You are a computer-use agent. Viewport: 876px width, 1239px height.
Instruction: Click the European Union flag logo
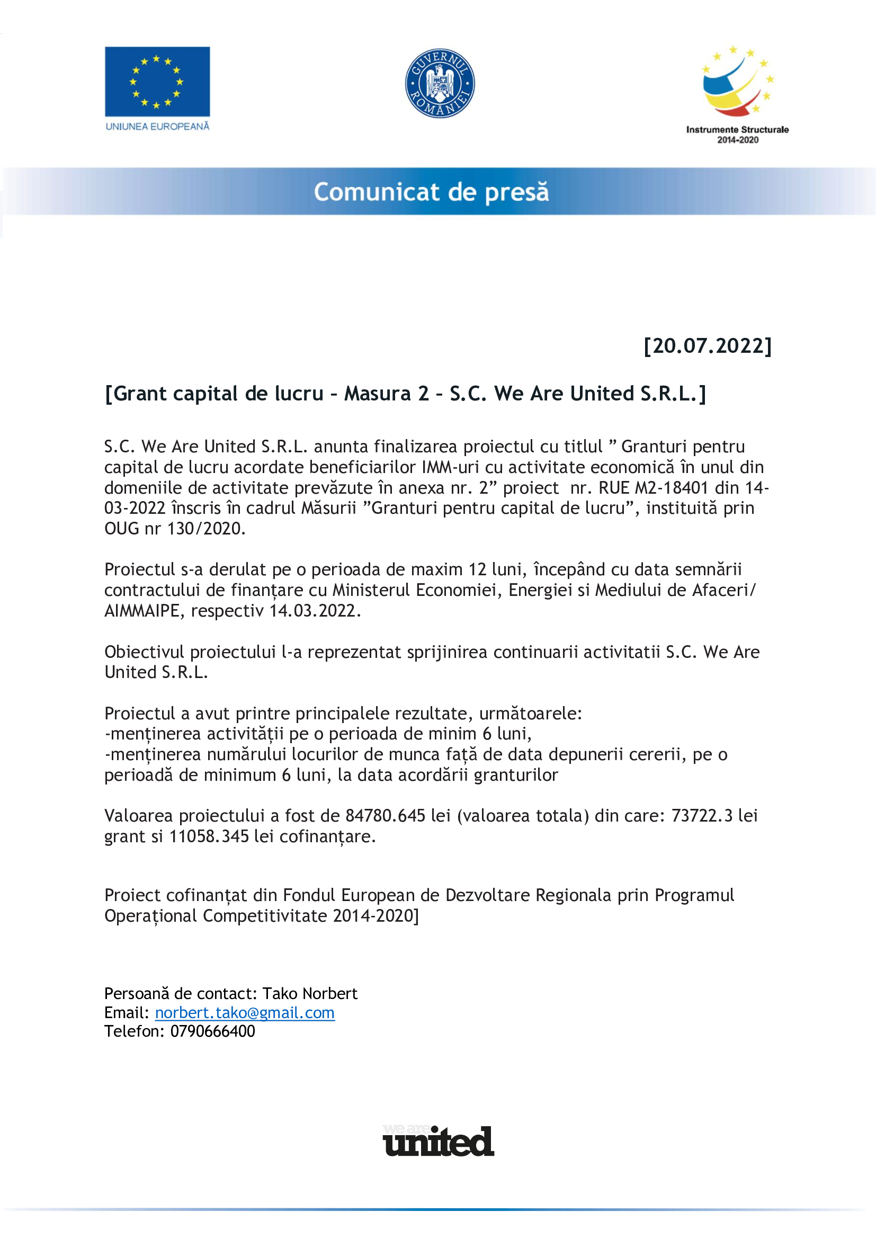tap(157, 82)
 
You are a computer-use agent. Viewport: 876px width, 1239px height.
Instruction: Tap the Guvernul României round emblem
tap(440, 83)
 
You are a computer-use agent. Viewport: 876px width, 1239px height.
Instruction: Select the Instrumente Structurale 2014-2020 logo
tap(737, 94)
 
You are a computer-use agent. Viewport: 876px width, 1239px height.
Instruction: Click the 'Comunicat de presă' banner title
tap(432, 192)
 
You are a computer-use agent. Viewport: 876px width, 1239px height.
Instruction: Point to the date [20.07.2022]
tap(708, 346)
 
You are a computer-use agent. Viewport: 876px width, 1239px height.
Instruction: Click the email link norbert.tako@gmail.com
tap(244, 1013)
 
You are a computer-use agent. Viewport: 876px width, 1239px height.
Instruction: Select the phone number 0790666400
tap(212, 1032)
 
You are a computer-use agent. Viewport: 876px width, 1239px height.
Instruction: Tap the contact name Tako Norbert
tap(310, 994)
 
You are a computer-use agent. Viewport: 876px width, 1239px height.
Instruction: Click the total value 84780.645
tap(385, 816)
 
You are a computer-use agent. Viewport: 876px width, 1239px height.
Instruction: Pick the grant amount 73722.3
tap(702, 816)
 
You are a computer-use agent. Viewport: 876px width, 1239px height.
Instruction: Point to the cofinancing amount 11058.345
tap(209, 836)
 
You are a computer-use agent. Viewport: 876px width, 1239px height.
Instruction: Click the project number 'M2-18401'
tap(671, 488)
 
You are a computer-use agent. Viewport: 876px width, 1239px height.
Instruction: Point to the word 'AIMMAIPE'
tap(141, 611)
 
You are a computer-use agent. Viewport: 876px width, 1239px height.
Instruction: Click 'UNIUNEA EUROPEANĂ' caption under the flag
tap(157, 127)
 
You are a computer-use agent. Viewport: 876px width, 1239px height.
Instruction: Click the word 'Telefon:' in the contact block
tap(134, 1032)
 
